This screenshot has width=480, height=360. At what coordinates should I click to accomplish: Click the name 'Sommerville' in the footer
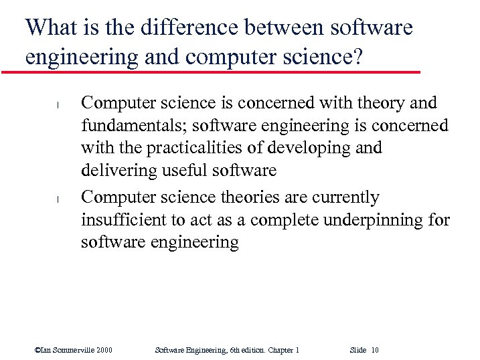click(72, 350)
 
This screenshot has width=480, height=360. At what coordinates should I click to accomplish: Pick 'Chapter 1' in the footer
click(283, 350)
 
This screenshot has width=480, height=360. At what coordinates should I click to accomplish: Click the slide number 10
click(374, 350)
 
